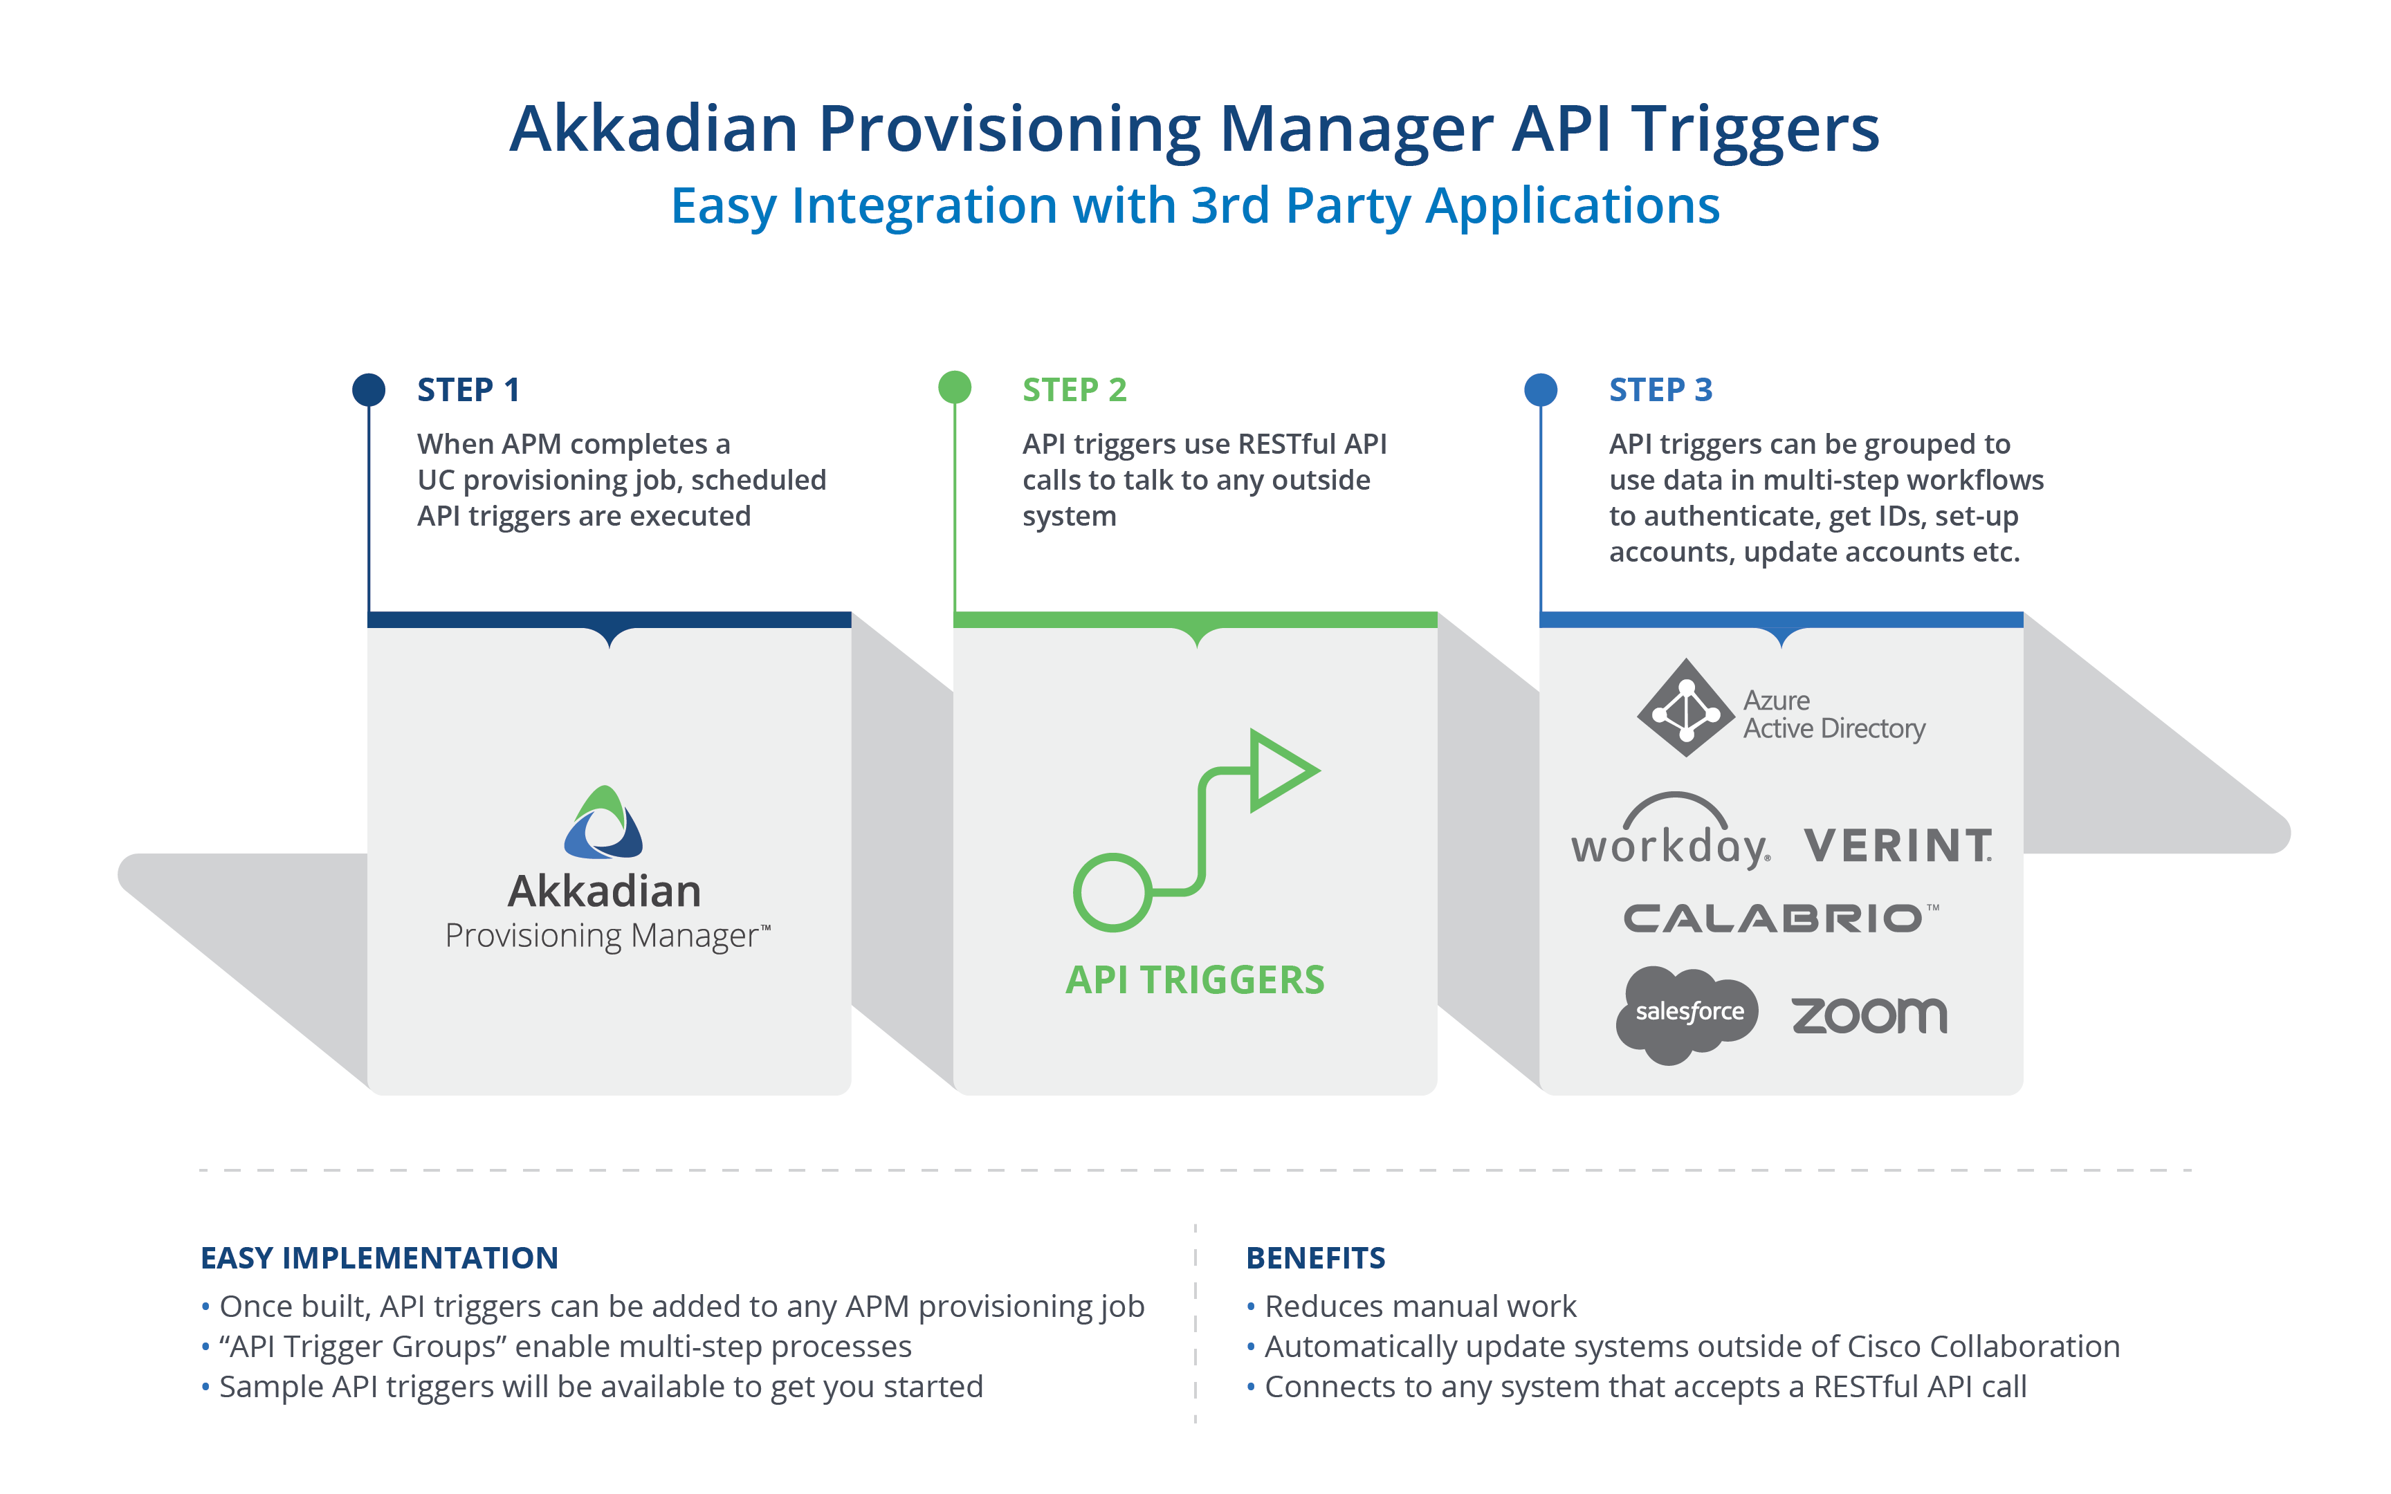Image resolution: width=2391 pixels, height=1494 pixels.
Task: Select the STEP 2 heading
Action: click(1074, 390)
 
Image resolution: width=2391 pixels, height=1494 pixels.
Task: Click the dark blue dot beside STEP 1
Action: click(369, 389)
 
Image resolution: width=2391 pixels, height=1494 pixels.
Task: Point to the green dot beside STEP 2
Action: click(955, 387)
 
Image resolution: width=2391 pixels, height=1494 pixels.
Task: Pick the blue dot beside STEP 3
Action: click(1540, 389)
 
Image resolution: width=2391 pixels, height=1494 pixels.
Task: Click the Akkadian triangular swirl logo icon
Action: click(604, 823)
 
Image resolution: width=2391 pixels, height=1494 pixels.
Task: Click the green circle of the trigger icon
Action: click(1112, 892)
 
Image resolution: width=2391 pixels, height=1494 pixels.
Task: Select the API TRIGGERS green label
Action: click(1195, 980)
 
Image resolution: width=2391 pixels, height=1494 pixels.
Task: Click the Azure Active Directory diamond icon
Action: click(1685, 708)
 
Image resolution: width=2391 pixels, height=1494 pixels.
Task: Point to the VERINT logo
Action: click(1897, 846)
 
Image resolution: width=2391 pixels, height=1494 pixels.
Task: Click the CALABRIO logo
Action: click(1779, 919)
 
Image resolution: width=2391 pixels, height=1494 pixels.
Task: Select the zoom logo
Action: click(1869, 1016)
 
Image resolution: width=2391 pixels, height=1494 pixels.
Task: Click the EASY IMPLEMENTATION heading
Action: click(379, 1258)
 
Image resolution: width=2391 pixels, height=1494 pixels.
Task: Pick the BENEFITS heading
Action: click(1315, 1258)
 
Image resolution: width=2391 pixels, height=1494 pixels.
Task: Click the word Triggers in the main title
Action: click(1754, 131)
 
